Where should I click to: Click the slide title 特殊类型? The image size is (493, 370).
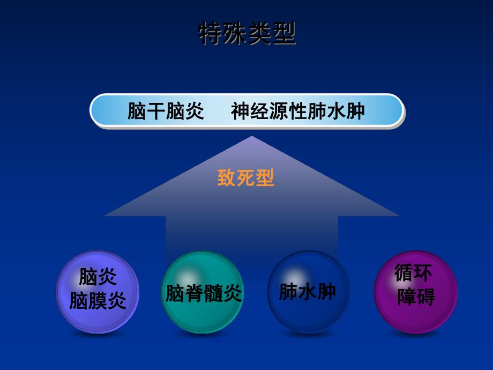(x=247, y=33)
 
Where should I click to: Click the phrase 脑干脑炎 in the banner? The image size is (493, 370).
(x=166, y=112)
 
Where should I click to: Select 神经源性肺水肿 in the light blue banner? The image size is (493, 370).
(x=298, y=112)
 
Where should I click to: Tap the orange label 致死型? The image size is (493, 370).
(x=246, y=178)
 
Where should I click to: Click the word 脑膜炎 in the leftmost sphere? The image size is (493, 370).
(x=98, y=301)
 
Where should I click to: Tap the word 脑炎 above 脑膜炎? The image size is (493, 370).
(x=98, y=277)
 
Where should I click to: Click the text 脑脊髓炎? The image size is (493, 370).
(x=203, y=293)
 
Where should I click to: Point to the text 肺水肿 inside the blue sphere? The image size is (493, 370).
(x=308, y=292)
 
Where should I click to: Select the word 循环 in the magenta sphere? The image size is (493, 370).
(x=413, y=273)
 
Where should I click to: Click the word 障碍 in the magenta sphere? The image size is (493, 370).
(x=416, y=297)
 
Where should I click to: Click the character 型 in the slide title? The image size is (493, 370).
(x=284, y=33)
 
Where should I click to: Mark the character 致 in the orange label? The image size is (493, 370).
(x=227, y=178)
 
